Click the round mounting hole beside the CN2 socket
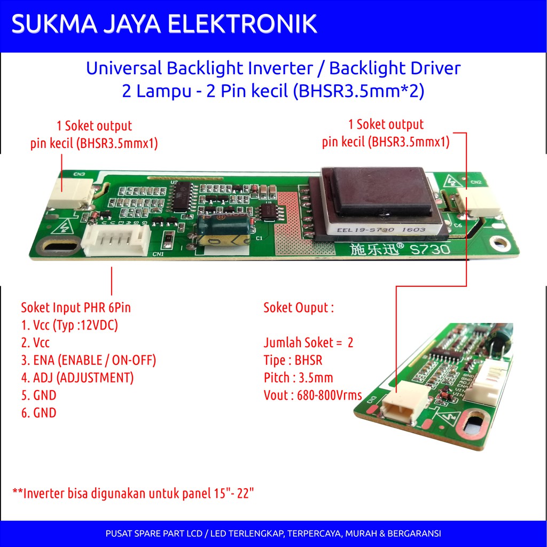pyautogui.click(x=499, y=243)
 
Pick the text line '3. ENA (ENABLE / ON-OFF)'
pyautogui.click(x=89, y=360)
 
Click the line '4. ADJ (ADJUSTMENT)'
pyautogui.click(x=77, y=378)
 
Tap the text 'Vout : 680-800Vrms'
pyautogui.click(x=312, y=396)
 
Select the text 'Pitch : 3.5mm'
pyautogui.click(x=298, y=378)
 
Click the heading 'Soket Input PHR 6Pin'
pyautogui.click(x=76, y=308)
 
